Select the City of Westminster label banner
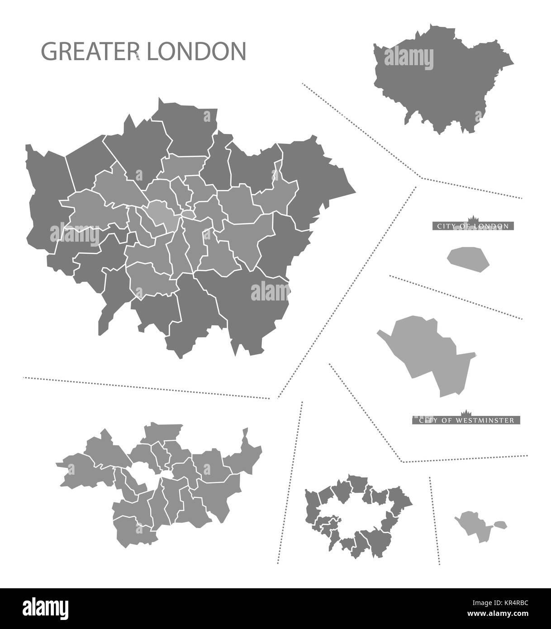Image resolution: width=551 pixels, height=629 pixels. coord(466,420)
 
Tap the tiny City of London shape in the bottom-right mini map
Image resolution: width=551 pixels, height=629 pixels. coord(499,525)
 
